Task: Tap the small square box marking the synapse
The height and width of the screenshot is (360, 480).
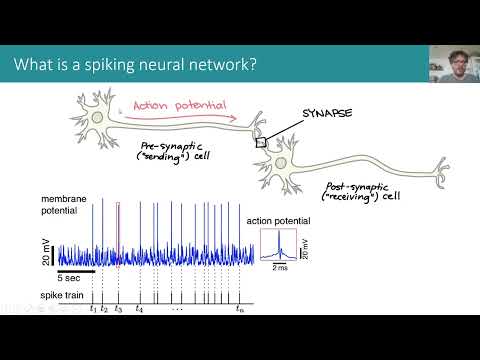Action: pyautogui.click(x=262, y=143)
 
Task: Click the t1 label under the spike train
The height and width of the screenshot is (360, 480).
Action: pyautogui.click(x=92, y=309)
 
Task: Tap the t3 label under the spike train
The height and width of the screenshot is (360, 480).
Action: pyautogui.click(x=118, y=309)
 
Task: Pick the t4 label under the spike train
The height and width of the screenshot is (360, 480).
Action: pyautogui.click(x=140, y=309)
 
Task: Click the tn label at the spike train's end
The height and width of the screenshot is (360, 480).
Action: pyautogui.click(x=239, y=309)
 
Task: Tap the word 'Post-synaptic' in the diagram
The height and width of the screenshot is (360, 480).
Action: pyautogui.click(x=355, y=186)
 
